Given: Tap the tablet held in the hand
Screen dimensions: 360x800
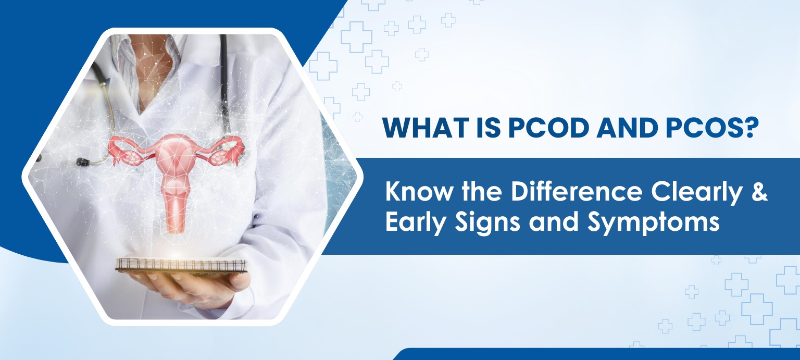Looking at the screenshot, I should pyautogui.click(x=180, y=266).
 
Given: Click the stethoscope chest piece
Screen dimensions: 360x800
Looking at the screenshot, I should pyautogui.click(x=82, y=162).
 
